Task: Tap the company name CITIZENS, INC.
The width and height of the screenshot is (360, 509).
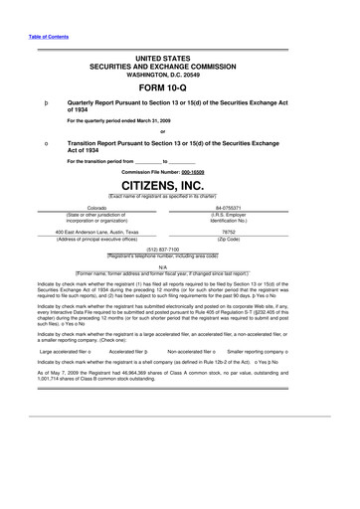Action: coord(179,184)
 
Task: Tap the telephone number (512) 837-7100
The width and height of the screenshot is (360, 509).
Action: coord(180,251)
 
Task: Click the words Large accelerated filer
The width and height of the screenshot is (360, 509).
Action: coord(62,352)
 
